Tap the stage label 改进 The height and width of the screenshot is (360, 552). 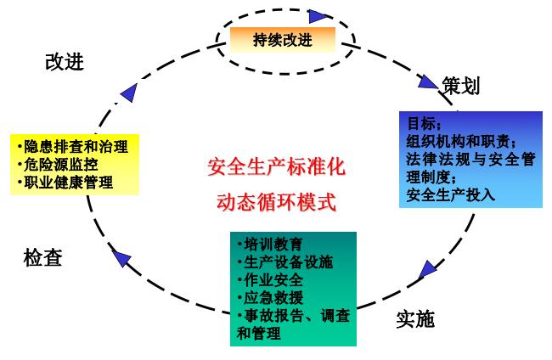(x=65, y=62)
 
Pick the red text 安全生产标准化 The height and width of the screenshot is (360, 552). (x=277, y=166)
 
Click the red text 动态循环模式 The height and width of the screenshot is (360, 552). (x=277, y=203)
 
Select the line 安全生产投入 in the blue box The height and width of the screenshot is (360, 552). (x=450, y=194)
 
